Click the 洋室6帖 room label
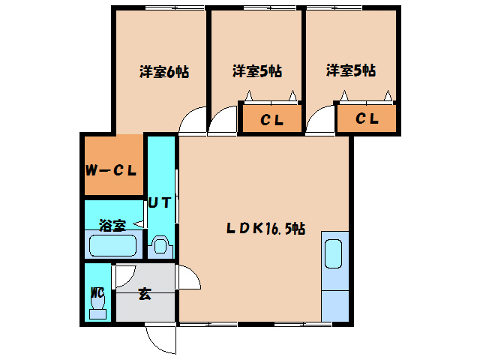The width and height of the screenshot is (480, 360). click(x=164, y=72)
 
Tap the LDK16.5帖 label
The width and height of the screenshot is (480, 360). click(x=265, y=228)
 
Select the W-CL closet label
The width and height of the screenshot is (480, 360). click(x=111, y=170)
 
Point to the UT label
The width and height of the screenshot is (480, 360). click(x=159, y=202)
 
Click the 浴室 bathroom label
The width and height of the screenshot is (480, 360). click(x=112, y=225)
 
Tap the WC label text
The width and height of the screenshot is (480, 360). click(x=97, y=293)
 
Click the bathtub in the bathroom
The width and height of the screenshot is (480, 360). click(x=112, y=245)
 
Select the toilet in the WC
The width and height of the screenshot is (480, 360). click(x=98, y=304)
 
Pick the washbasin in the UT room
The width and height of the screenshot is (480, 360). click(x=160, y=245)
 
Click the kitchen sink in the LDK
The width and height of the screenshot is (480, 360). click(x=333, y=253)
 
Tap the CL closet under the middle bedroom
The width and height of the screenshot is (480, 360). click(x=271, y=119)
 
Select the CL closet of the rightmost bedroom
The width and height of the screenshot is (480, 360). click(x=367, y=118)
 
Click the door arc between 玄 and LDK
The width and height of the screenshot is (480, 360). click(x=193, y=272)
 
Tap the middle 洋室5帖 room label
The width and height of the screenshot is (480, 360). click(x=257, y=71)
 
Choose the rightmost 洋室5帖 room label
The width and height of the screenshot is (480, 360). click(x=351, y=70)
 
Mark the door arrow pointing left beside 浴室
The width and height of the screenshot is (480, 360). click(x=138, y=224)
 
